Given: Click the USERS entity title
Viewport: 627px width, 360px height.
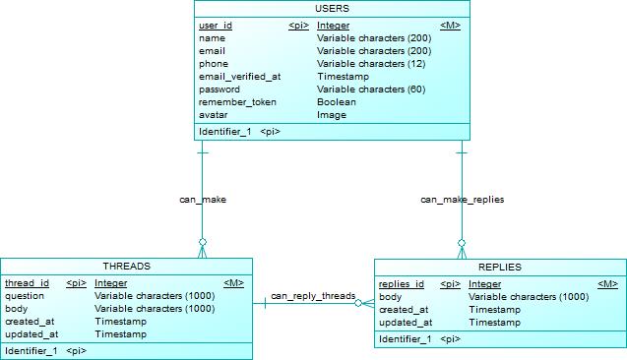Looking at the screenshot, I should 332,9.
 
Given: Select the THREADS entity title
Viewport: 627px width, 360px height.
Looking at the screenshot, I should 126,267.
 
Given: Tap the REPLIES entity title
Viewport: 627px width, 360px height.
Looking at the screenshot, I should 500,267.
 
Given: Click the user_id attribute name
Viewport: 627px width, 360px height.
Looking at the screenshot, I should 216,25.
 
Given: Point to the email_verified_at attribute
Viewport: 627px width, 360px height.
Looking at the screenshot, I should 240,76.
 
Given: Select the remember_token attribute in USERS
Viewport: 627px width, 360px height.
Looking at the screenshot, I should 237,101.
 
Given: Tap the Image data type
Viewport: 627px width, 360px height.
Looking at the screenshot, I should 332,114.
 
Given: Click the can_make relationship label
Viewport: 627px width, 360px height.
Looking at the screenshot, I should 203,199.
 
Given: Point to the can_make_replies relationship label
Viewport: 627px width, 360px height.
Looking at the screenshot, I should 463,199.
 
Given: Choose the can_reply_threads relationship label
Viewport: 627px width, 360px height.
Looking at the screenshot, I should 313,295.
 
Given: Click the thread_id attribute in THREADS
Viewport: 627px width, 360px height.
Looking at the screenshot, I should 28,283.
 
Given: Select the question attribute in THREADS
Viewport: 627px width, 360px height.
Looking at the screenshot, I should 25,296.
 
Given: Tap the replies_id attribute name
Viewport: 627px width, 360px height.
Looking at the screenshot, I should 402,284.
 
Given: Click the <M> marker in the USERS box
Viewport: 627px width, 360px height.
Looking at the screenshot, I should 449,25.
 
